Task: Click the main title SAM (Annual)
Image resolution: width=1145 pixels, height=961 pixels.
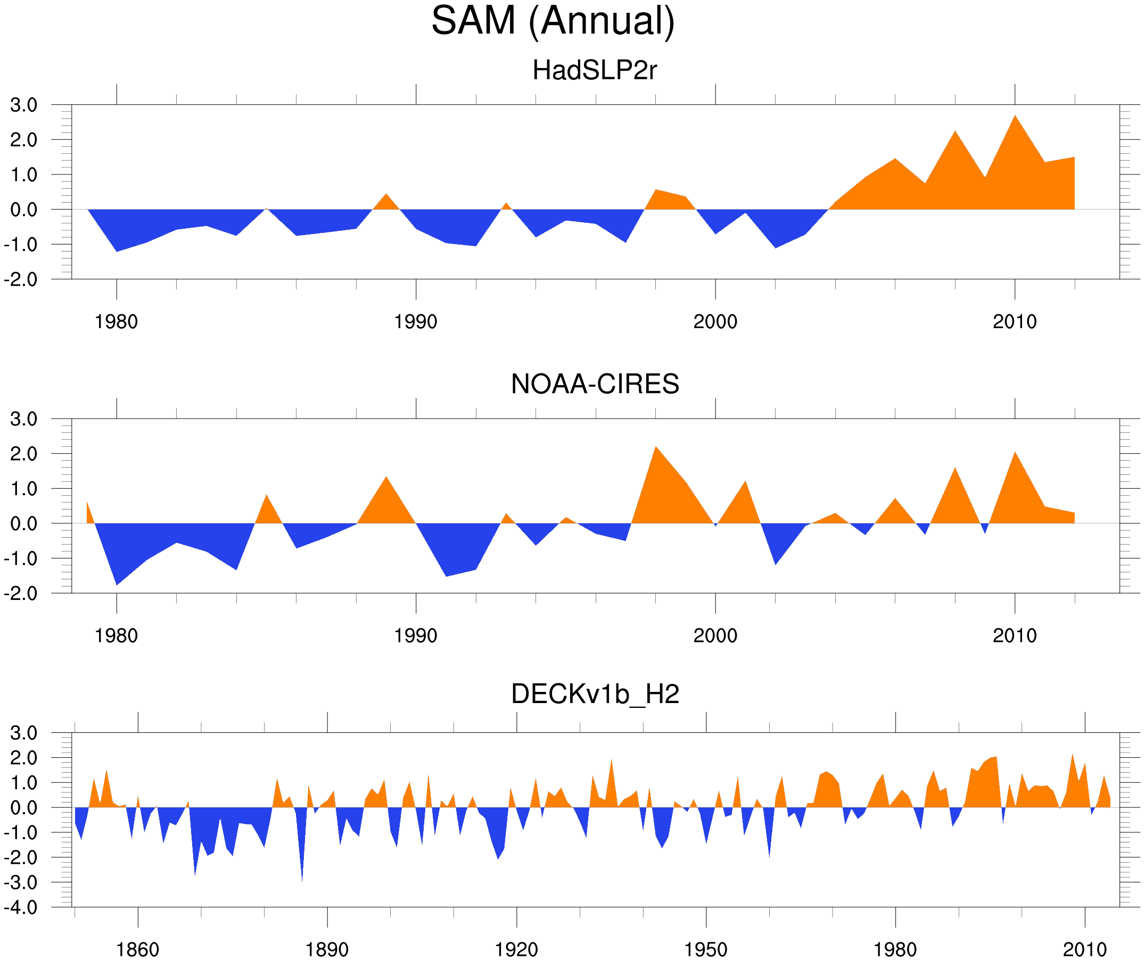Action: [x=553, y=21]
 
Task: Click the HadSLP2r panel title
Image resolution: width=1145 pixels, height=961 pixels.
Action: [x=595, y=70]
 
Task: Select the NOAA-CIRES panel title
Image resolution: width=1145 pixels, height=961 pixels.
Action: [x=595, y=384]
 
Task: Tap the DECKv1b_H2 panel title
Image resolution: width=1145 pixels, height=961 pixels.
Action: [x=595, y=694]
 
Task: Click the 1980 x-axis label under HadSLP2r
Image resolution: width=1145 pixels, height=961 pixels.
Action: [x=116, y=322]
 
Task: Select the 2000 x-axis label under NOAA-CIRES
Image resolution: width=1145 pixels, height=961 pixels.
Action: [x=715, y=636]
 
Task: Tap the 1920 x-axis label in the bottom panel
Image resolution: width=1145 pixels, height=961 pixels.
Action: [x=516, y=949]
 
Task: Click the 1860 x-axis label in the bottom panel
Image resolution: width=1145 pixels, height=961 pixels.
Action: [x=138, y=949]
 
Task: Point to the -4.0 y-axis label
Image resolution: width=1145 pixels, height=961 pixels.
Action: [x=21, y=908]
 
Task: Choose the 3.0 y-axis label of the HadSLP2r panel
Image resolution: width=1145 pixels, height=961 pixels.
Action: [x=23, y=105]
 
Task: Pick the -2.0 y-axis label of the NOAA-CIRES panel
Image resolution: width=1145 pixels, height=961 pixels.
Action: [x=21, y=594]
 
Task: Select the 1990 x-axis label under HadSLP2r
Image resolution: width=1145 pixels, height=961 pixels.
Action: [x=416, y=322]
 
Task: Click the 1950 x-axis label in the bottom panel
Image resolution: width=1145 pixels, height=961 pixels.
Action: [x=705, y=949]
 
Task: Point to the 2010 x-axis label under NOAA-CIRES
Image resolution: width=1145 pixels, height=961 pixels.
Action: [x=1015, y=636]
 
